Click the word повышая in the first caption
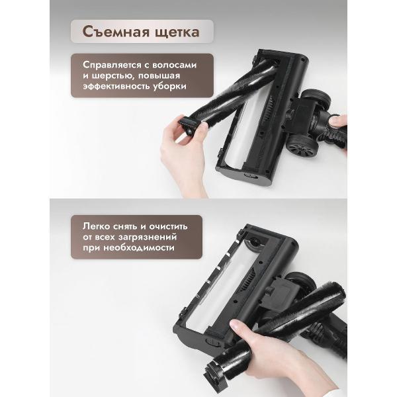[175, 76]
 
